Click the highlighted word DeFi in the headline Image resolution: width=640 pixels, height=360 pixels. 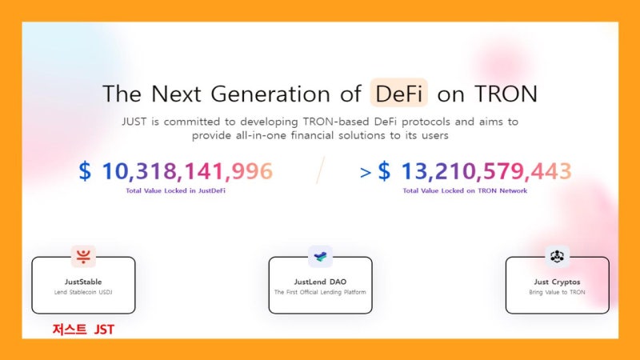point(398,94)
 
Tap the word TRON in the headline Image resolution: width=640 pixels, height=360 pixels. point(506,94)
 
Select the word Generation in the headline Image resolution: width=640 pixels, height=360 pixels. point(270,94)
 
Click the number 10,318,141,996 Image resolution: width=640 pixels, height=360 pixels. point(187,171)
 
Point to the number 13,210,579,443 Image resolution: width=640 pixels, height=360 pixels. point(486,171)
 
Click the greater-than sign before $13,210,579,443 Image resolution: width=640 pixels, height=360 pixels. point(366,173)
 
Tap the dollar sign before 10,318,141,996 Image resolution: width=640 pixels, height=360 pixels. point(85,171)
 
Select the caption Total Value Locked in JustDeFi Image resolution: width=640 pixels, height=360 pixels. point(175,190)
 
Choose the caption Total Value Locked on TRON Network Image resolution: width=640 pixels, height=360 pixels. point(465,190)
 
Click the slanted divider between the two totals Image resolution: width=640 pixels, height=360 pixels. point(321,170)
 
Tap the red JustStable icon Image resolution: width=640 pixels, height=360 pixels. point(83,256)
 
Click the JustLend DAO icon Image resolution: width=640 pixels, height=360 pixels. point(320,256)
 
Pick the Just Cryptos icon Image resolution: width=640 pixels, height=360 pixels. point(557,256)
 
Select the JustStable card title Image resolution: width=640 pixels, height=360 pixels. point(83,282)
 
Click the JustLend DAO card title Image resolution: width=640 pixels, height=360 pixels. point(321,282)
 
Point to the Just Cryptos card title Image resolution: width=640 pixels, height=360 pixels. point(557,282)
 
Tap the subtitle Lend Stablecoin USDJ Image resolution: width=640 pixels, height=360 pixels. point(83,292)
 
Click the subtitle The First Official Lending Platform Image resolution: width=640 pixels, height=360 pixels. point(321,292)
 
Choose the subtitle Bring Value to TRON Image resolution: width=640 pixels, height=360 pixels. point(557,292)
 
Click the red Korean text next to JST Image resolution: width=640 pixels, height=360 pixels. point(70,330)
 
